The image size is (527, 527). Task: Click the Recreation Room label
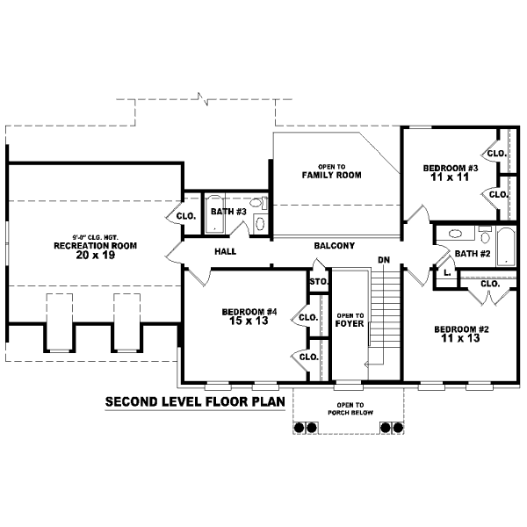(x=96, y=246)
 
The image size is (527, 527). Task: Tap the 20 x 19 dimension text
(x=96, y=255)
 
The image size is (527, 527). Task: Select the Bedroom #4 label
(x=249, y=312)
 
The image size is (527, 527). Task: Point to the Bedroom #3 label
(x=451, y=168)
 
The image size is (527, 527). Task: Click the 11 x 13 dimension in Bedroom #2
(x=460, y=338)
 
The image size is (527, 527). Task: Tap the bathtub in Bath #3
(x=214, y=213)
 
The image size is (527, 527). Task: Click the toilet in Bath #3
(x=259, y=203)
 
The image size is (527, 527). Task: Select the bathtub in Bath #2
(x=506, y=247)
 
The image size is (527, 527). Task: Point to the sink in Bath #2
(x=455, y=234)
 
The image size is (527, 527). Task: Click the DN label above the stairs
(x=384, y=260)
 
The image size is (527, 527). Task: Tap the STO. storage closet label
(x=319, y=282)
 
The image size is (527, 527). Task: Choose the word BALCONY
(x=335, y=246)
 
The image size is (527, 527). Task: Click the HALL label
(x=225, y=251)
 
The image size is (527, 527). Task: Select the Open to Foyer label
(x=350, y=320)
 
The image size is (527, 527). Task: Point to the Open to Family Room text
(x=331, y=171)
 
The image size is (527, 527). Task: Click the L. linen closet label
(x=447, y=272)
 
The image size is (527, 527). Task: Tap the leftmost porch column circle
(x=299, y=428)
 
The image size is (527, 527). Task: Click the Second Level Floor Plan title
(x=195, y=401)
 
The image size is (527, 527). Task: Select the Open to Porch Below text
(x=350, y=409)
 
